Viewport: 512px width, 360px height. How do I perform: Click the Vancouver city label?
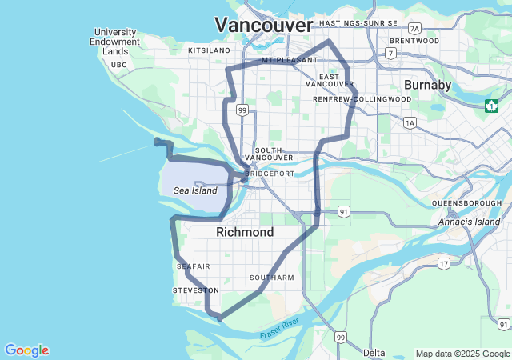pyautogui.click(x=263, y=25)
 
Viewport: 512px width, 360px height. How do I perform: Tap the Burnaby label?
pyautogui.click(x=428, y=84)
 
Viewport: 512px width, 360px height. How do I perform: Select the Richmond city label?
pyautogui.click(x=245, y=232)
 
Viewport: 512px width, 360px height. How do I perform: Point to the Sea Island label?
pyautogui.click(x=195, y=190)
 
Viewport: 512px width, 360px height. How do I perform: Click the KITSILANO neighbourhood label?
pyautogui.click(x=209, y=50)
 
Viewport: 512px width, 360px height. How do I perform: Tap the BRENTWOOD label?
pyautogui.click(x=414, y=40)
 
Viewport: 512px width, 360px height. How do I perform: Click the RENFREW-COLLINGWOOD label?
pyautogui.click(x=362, y=99)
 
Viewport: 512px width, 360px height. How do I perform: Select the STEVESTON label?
pyautogui.click(x=195, y=290)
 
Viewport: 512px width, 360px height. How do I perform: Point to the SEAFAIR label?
pyautogui.click(x=194, y=266)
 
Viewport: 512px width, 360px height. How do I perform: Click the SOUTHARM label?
pyautogui.click(x=272, y=278)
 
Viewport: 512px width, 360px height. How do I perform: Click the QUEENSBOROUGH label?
pyautogui.click(x=466, y=203)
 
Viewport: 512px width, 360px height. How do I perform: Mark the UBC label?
pyautogui.click(x=119, y=65)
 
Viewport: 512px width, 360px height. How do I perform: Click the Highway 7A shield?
pyautogui.click(x=414, y=27)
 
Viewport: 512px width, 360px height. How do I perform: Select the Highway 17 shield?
pyautogui.click(x=444, y=262)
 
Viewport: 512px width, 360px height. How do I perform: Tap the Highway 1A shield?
pyautogui.click(x=410, y=123)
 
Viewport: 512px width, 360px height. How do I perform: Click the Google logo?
pyautogui.click(x=26, y=350)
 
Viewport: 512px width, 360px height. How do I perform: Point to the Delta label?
pyautogui.click(x=374, y=353)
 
